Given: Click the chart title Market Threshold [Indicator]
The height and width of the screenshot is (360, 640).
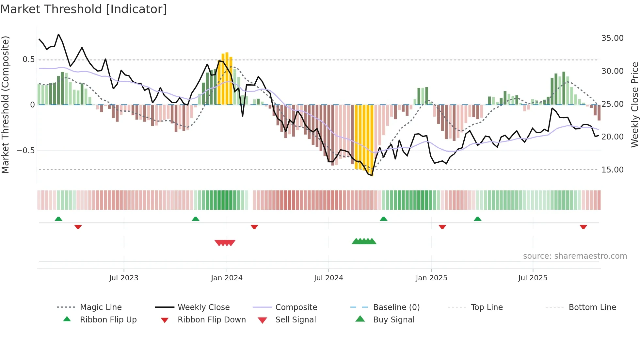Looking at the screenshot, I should click(84, 9).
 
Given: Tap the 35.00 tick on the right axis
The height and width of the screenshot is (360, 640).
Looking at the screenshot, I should click(612, 38).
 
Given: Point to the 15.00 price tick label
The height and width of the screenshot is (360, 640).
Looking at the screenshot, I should click(612, 170).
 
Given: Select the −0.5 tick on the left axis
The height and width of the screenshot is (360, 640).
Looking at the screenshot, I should click(25, 151).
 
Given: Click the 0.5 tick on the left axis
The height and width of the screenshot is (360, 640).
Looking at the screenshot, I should click(28, 59).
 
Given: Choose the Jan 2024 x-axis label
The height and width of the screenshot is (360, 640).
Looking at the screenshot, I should click(227, 278).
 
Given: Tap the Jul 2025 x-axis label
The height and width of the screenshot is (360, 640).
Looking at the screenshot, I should click(533, 278).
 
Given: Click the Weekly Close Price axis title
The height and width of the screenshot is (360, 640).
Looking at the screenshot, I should click(634, 105).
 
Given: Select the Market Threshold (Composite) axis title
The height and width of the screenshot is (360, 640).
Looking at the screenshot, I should click(5, 105).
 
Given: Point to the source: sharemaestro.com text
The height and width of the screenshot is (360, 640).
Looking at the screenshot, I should click(575, 256).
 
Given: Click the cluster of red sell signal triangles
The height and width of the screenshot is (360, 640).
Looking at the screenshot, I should click(225, 243).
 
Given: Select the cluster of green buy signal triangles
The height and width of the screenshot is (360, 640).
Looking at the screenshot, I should click(364, 241).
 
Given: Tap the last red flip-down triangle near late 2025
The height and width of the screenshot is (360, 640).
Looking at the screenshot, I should click(583, 227).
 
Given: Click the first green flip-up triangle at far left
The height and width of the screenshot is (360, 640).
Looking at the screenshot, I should click(58, 219).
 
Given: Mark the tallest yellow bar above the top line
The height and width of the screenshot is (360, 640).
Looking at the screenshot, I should click(227, 78).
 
